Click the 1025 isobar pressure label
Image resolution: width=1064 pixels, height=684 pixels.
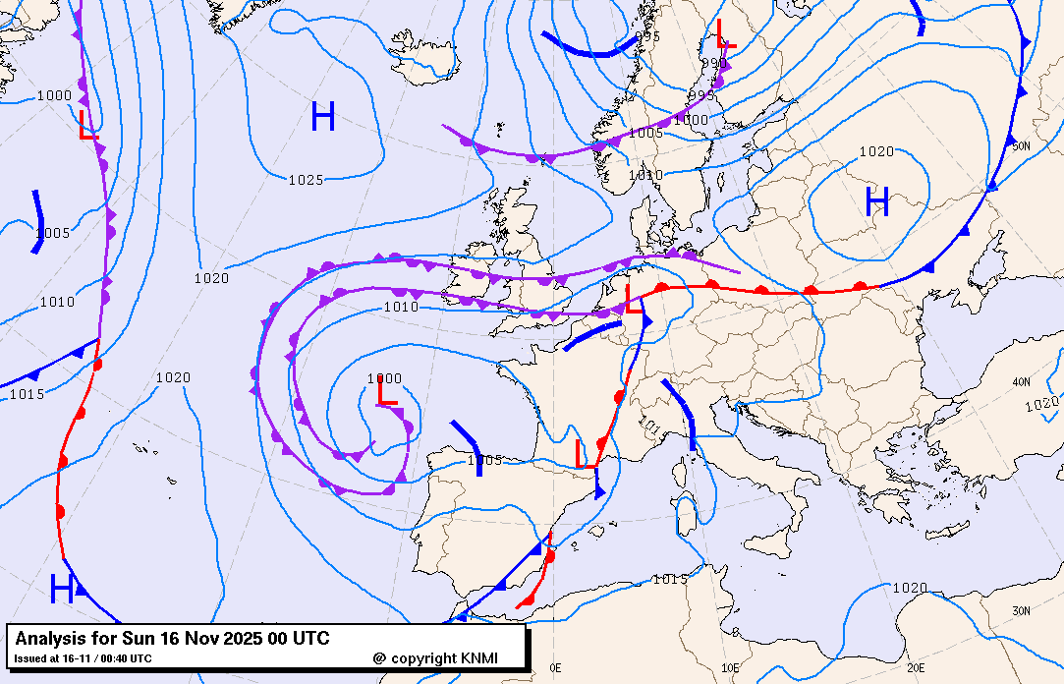[x=307, y=180]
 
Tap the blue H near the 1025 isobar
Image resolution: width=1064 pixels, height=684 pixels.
[x=323, y=117]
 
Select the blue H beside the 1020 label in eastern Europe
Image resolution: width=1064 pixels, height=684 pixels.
[x=877, y=202]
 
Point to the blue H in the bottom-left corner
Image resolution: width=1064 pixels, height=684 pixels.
[x=62, y=590]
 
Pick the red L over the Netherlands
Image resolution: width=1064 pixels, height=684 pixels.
[x=635, y=299]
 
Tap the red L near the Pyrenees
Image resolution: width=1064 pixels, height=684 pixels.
[x=586, y=454]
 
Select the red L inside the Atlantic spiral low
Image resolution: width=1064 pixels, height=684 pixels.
[x=387, y=391]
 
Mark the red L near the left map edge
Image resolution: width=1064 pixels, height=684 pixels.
[x=88, y=125]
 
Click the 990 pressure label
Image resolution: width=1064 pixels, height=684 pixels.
[x=713, y=64]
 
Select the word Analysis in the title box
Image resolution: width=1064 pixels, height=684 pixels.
[x=49, y=639]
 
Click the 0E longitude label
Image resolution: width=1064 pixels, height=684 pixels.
[x=555, y=667]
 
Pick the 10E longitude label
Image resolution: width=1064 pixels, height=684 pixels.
[x=730, y=667]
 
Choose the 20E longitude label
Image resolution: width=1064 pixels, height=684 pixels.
[x=916, y=667]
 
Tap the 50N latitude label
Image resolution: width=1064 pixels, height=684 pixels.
[x=1021, y=146]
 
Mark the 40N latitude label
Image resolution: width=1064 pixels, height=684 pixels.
[x=1021, y=381]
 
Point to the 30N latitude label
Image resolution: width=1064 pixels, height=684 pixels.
[x=1021, y=610]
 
